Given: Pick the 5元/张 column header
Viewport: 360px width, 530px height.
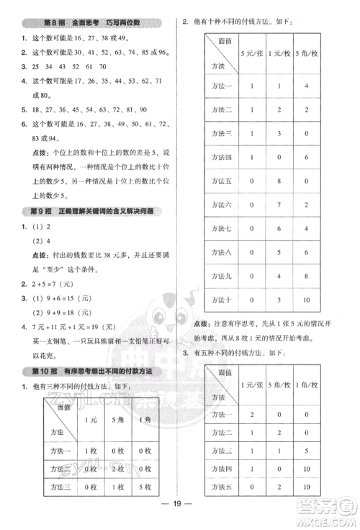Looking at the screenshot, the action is (251, 53).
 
